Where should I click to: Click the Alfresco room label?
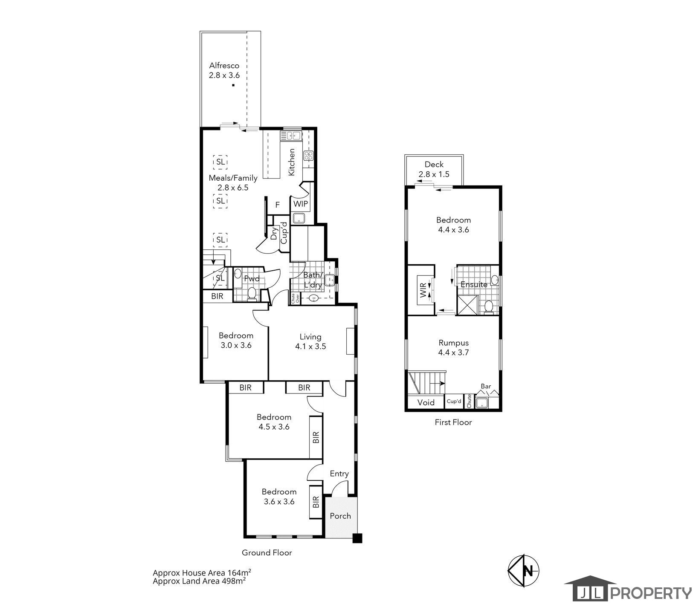[224, 66]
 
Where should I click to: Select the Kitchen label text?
[292, 162]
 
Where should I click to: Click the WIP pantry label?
[300, 204]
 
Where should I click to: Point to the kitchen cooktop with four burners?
[308, 156]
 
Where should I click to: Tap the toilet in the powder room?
[252, 293]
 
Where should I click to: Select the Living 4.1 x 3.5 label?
[310, 341]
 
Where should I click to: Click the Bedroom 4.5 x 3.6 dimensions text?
[274, 426]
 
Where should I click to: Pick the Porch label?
[340, 516]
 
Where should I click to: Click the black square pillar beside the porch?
[357, 538]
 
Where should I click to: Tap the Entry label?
[339, 474]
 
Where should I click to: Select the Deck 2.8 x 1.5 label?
[434, 169]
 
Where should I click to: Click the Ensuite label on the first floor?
[474, 284]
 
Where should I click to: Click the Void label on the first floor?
[426, 402]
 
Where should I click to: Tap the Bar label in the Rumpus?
[486, 386]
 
